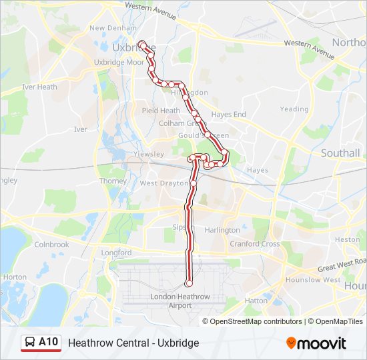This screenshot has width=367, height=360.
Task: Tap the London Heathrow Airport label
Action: pyautogui.click(x=179, y=301)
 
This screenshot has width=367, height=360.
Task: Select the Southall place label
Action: pyautogui.click(x=340, y=153)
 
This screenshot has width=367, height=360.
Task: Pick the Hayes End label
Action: pyautogui.click(x=228, y=115)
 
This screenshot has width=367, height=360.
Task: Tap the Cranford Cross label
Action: pyautogui.click(x=254, y=244)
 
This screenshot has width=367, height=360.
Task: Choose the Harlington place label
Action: pyautogui.click(x=222, y=230)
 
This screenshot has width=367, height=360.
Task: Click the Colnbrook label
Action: pyautogui.click(x=51, y=245)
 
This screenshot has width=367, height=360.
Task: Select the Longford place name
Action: pyautogui.click(x=116, y=253)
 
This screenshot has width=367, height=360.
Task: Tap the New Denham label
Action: pyautogui.click(x=107, y=28)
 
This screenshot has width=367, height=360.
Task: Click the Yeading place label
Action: pyautogui.click(x=294, y=109)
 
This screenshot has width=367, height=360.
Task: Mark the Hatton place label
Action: pyautogui.click(x=256, y=301)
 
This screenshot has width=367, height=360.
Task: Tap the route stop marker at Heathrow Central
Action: pyautogui.click(x=189, y=284)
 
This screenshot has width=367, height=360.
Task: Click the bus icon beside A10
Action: pyautogui.click(x=30, y=343)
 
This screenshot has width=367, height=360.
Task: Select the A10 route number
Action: pyautogui.click(x=48, y=343)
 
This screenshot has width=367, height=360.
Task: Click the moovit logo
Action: pyautogui.click(x=316, y=343)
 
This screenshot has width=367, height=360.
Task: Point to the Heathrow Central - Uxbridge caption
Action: pyautogui.click(x=133, y=343)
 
